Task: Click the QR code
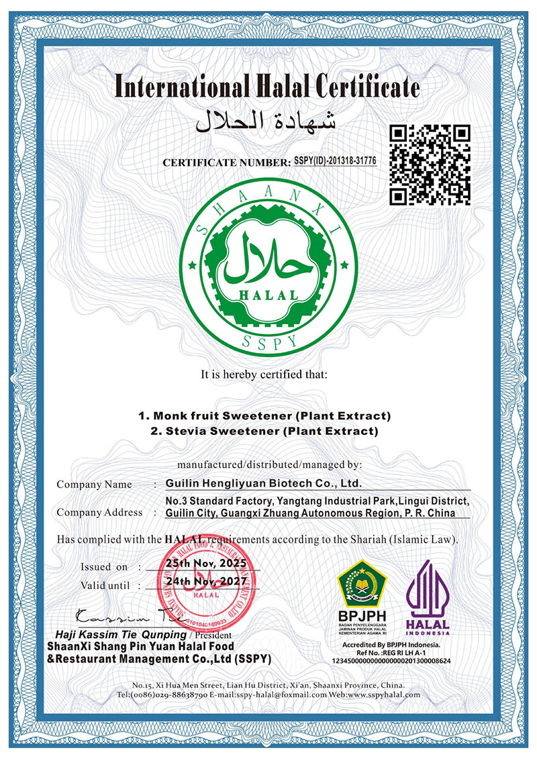coord(431,165)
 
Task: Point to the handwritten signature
coord(117,615)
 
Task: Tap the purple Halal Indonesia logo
coord(428,591)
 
